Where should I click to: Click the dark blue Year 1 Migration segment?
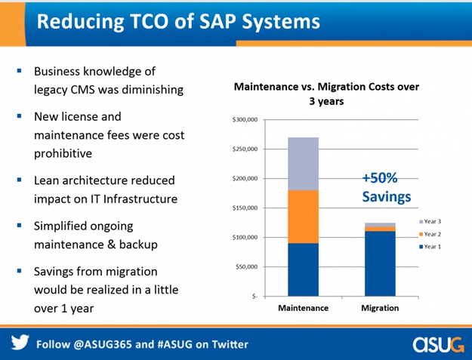[380, 263]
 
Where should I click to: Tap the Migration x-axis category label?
[380, 308]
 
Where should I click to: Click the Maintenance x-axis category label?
[303, 308]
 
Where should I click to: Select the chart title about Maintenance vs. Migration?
[326, 94]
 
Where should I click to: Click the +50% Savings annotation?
[385, 188]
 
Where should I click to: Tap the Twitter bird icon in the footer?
[19, 343]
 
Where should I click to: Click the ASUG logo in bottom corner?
[440, 343]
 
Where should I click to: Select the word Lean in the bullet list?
[47, 180]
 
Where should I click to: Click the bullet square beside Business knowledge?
[19, 72]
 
